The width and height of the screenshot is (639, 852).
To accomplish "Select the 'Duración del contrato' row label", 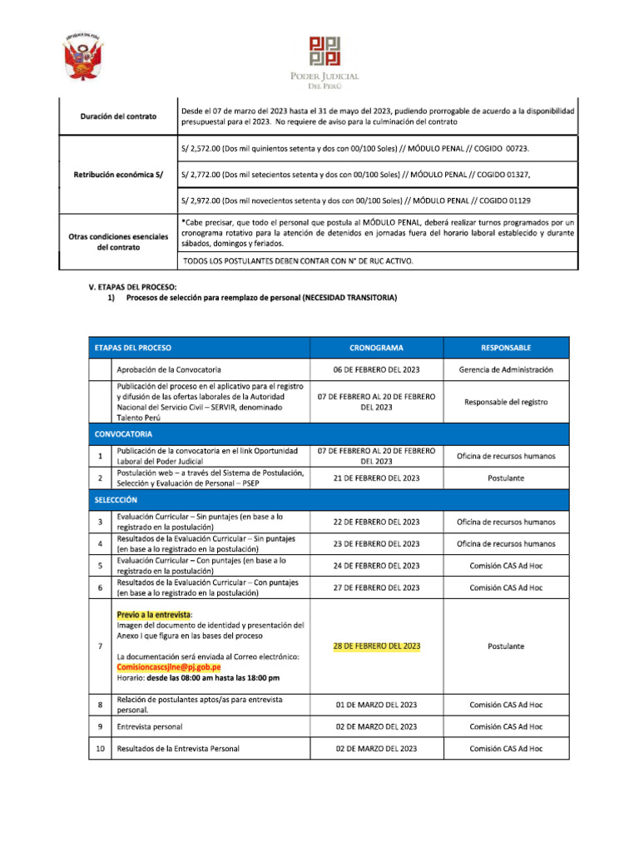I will (118, 116).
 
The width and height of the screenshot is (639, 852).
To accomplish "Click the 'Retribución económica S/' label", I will (118, 174).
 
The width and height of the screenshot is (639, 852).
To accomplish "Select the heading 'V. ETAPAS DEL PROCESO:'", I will (133, 287).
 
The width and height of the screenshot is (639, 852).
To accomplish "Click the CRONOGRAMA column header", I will (376, 347).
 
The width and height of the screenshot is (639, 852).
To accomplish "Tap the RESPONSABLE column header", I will (506, 347).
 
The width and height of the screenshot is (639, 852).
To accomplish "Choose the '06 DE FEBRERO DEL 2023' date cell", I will (376, 369).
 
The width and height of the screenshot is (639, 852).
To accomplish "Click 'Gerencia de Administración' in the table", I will (506, 369).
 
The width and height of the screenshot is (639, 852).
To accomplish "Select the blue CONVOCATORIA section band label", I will (123, 433).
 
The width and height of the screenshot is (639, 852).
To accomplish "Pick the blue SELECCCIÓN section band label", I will (116, 499).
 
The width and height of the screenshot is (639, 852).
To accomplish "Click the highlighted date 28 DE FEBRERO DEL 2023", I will (377, 646).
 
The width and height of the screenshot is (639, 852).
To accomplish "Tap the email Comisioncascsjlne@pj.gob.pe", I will (169, 667).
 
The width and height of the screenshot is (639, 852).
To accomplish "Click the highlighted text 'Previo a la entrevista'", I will (154, 614).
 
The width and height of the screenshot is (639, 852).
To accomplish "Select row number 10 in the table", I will (100, 749).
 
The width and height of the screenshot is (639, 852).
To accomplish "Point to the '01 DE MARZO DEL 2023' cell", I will (376, 705).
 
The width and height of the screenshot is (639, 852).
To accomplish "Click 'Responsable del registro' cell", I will (506, 402).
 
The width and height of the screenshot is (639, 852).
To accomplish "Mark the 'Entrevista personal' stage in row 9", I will (150, 726).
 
